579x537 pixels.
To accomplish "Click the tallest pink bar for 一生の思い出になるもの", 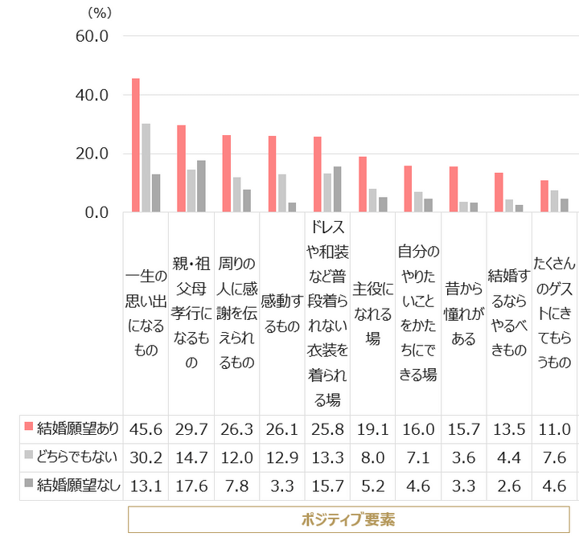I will click(x=136, y=146).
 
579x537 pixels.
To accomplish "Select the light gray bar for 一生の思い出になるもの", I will click(x=146, y=168).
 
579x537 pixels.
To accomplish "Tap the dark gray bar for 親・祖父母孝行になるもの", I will click(x=202, y=187).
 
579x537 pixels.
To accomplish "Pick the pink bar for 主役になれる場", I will click(x=363, y=184).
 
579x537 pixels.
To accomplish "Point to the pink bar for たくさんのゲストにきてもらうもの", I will click(x=544, y=196).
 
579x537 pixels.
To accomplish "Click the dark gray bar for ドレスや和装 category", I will click(x=338, y=189).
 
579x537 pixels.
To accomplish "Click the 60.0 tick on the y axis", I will click(x=92, y=36).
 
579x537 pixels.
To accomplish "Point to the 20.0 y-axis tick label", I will click(x=92, y=154).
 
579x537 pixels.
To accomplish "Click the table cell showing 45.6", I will click(x=146, y=428).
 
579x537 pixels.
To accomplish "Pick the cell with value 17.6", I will click(x=191, y=485).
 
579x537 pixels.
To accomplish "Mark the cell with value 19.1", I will click(x=373, y=428).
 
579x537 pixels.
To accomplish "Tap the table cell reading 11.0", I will click(x=555, y=428).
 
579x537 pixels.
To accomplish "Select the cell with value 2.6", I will click(x=509, y=485).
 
